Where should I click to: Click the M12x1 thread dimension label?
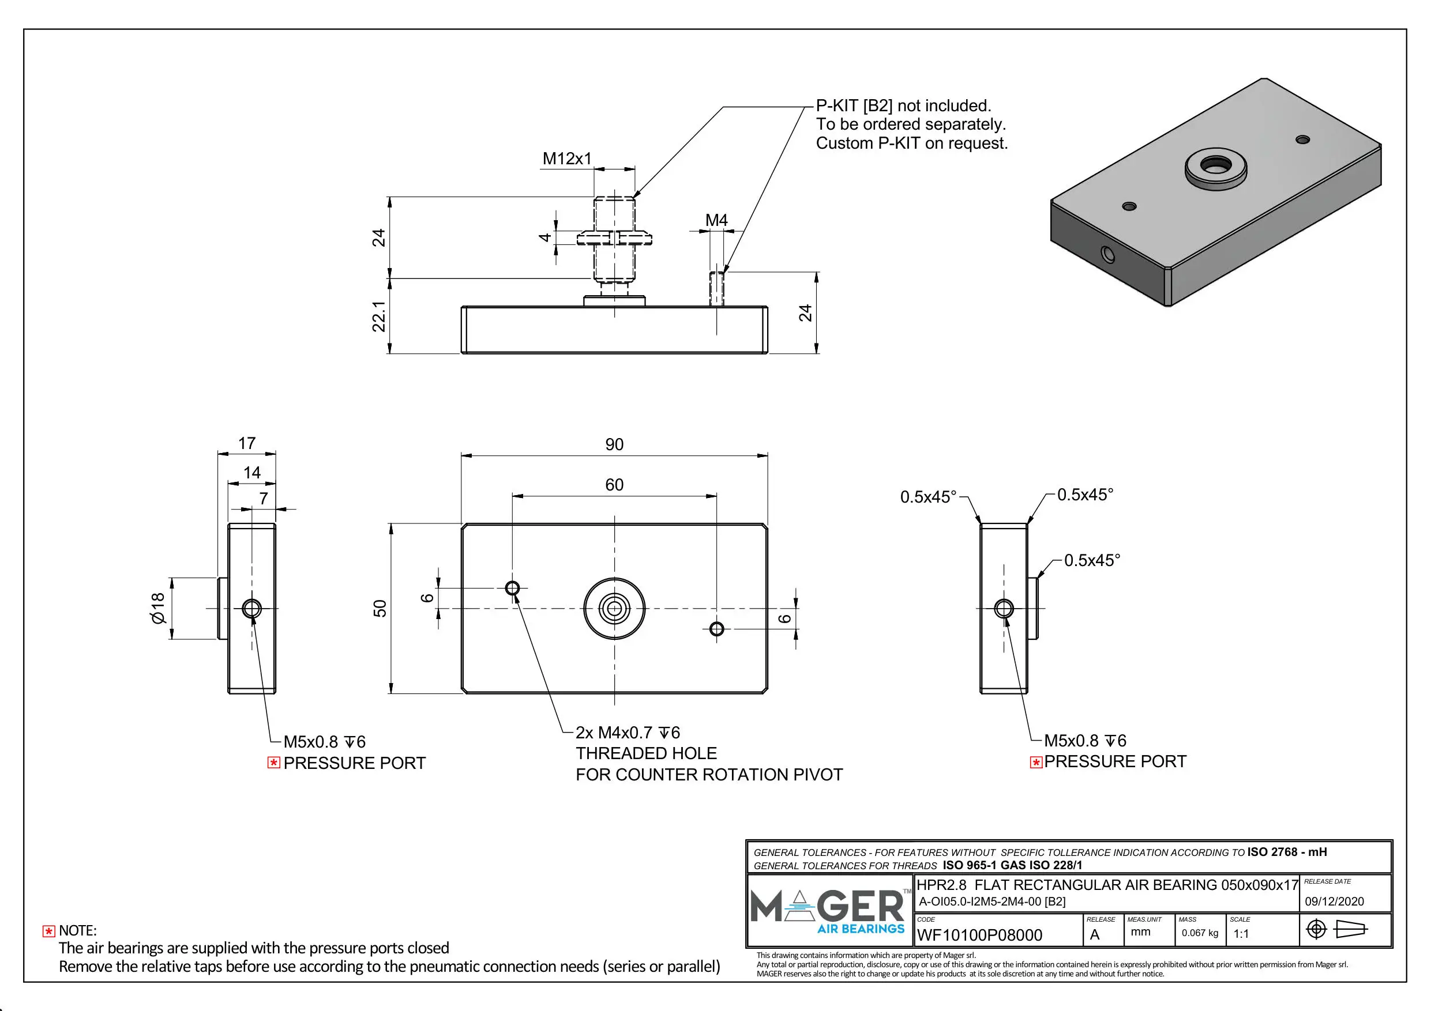click(x=566, y=159)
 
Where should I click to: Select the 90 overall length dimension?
click(x=614, y=444)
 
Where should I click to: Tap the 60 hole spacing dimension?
click(x=614, y=485)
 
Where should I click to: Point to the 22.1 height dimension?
click(x=379, y=316)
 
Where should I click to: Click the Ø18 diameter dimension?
click(x=158, y=608)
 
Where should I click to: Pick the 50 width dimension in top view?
click(x=380, y=609)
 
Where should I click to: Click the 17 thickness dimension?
click(x=247, y=443)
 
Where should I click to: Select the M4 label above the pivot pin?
click(x=716, y=221)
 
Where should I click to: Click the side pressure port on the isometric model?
click(x=1107, y=254)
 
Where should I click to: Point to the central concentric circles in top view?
click(x=614, y=609)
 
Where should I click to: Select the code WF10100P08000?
click(x=979, y=935)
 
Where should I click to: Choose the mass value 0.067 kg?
click(x=1200, y=933)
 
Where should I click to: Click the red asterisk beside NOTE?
click(x=48, y=931)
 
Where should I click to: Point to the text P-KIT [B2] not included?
click(x=903, y=106)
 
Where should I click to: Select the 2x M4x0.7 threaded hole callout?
click(x=628, y=733)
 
